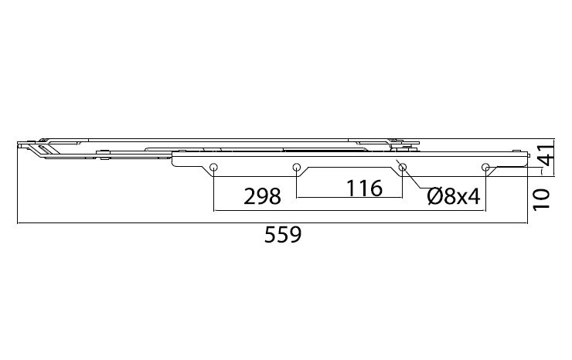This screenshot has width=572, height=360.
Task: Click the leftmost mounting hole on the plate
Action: coord(214,168)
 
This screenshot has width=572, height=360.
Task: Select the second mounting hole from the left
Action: coord(296,168)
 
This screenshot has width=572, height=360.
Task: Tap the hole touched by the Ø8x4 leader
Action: coord(403,168)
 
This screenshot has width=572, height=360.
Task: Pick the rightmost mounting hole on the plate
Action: coord(485,168)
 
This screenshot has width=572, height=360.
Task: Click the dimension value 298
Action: coord(262,196)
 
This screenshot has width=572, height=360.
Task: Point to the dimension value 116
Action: coord(364,188)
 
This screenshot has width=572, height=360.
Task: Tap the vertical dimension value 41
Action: coord(545,156)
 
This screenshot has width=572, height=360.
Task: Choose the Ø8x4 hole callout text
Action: coord(454,196)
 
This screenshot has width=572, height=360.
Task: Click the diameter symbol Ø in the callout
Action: coord(434,196)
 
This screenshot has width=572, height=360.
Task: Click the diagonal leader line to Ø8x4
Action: coord(412,181)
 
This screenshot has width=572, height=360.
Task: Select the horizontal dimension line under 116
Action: coord(348,199)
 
